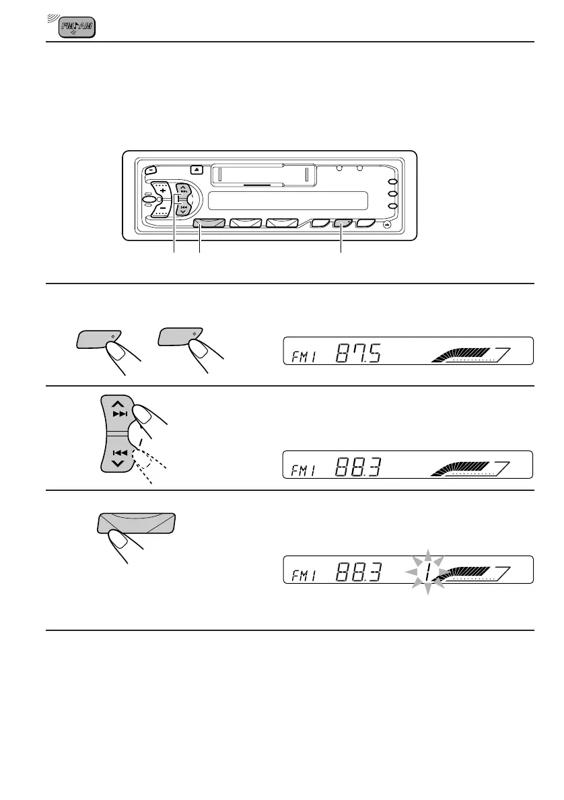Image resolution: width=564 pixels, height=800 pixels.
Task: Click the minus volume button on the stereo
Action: pyautogui.click(x=162, y=208)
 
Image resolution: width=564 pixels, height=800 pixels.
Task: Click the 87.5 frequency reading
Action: pyautogui.click(x=355, y=352)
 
